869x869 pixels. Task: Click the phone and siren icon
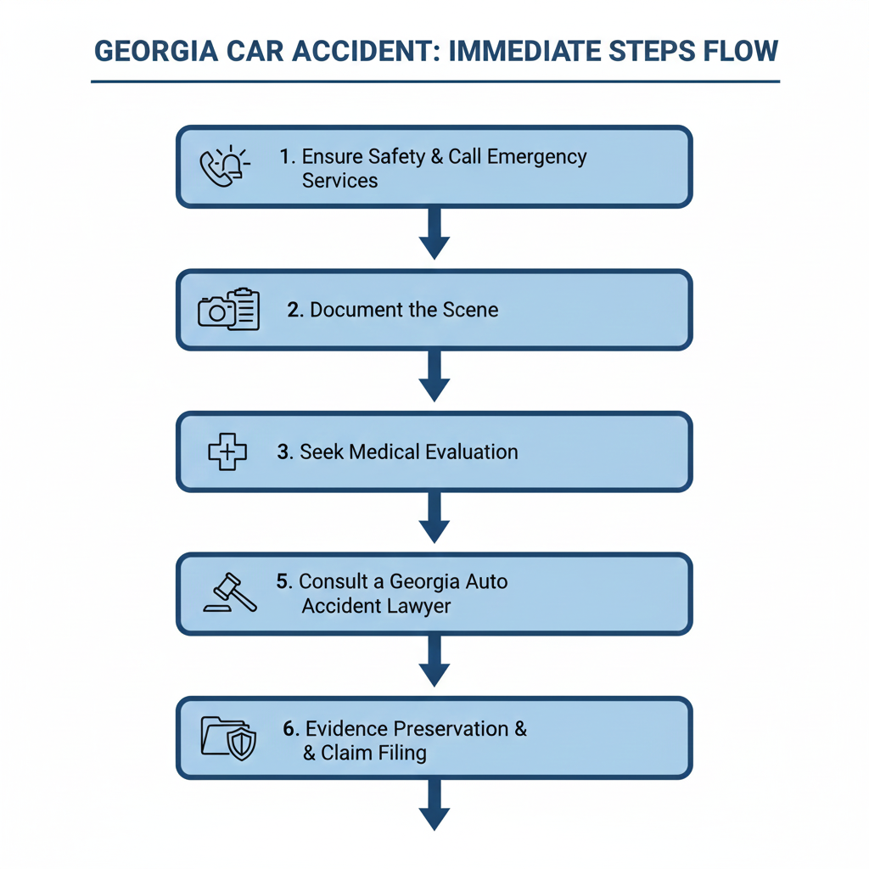(225, 166)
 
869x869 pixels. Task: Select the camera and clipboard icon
(228, 310)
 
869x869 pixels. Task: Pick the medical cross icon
(227, 451)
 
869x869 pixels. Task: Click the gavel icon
(230, 593)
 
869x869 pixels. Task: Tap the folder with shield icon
(228, 737)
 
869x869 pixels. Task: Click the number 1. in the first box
(288, 157)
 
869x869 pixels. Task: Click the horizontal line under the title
(434, 82)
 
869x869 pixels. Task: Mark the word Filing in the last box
(400, 753)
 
